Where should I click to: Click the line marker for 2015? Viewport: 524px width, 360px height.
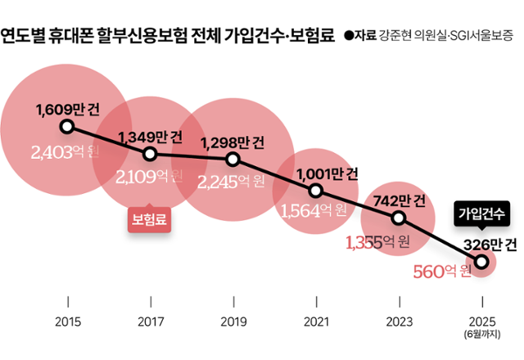[67, 127]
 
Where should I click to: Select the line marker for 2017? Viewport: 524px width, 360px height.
[150, 153]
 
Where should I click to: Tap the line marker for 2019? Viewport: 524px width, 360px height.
[233, 159]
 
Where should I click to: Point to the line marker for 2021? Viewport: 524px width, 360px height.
[316, 191]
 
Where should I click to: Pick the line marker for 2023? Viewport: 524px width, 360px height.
[399, 218]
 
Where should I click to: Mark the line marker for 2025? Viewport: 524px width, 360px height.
[481, 261]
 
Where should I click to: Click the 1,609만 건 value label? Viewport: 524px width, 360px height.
[67, 109]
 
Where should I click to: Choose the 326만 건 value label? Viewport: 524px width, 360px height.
[486, 243]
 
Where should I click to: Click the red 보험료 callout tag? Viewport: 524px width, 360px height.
[150, 219]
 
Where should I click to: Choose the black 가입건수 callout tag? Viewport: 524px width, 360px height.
[481, 214]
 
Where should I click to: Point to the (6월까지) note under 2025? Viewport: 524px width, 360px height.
[481, 334]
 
